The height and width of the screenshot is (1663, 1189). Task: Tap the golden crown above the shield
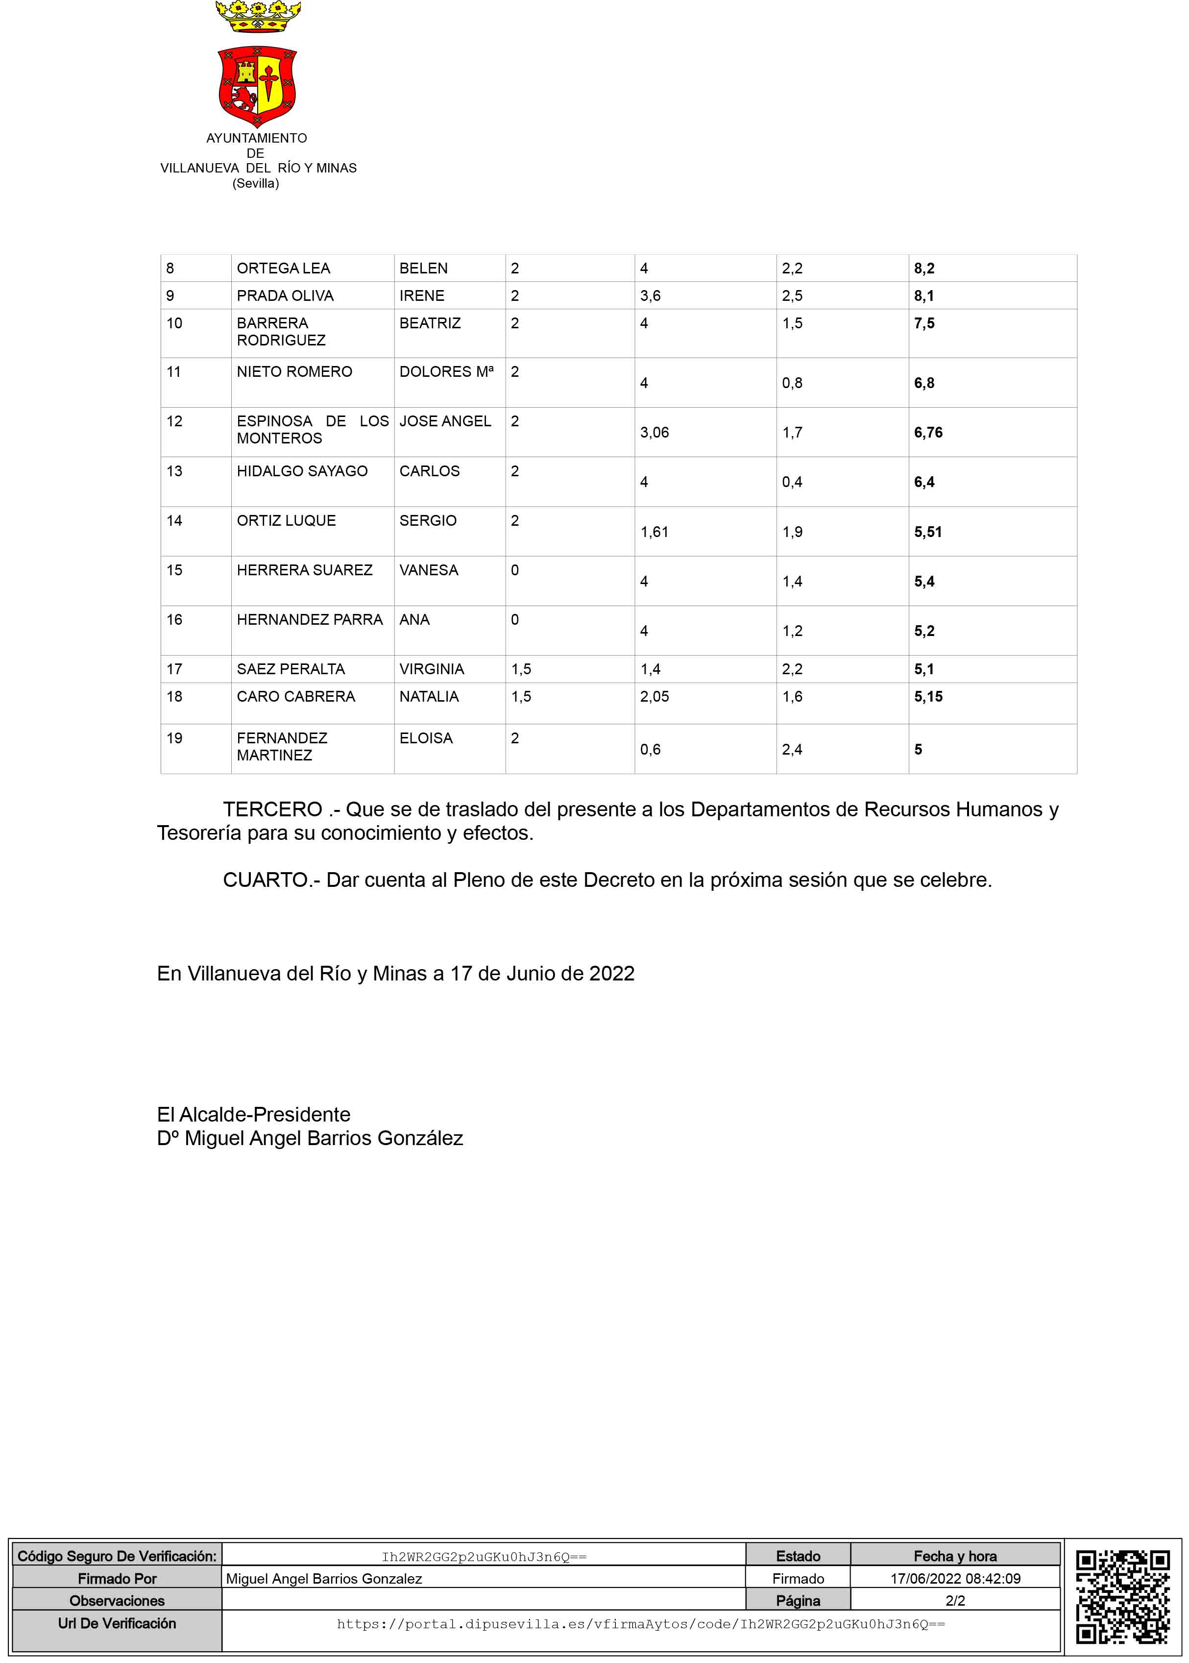pyautogui.click(x=258, y=16)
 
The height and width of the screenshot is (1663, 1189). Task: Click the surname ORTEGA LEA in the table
pyautogui.click(x=283, y=269)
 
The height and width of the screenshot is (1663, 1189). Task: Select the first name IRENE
pyautogui.click(x=422, y=296)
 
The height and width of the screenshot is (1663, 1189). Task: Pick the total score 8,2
pyautogui.click(x=924, y=269)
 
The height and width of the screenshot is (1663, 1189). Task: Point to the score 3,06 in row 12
pyautogui.click(x=654, y=433)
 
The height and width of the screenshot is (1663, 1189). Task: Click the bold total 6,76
pyautogui.click(x=927, y=433)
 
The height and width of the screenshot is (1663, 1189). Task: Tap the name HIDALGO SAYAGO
pyautogui.click(x=302, y=471)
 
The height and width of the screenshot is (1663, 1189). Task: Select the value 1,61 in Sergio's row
pyautogui.click(x=654, y=532)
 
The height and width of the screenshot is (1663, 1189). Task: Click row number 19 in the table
pyautogui.click(x=174, y=738)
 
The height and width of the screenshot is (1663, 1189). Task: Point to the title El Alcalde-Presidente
pyautogui.click(x=253, y=1115)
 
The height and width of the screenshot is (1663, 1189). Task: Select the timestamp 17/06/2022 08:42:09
pyautogui.click(x=955, y=1579)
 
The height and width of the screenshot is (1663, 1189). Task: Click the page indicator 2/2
pyautogui.click(x=955, y=1601)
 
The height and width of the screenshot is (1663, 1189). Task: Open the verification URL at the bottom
pyautogui.click(x=641, y=1624)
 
